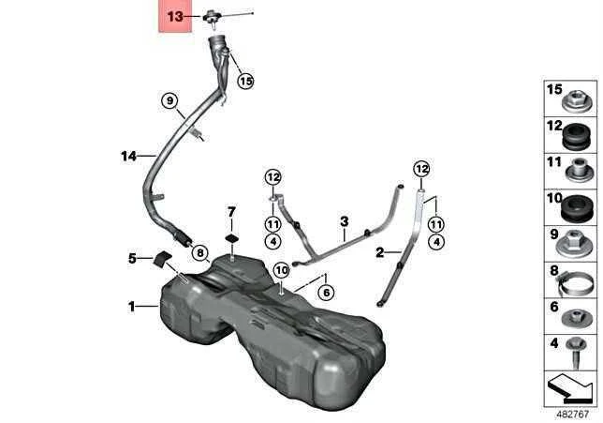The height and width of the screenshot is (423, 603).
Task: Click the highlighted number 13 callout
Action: [175, 17]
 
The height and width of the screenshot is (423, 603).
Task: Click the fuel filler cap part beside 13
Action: [211, 18]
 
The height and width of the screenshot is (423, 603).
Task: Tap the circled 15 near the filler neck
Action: [245, 81]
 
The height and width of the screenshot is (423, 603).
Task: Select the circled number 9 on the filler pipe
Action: [169, 101]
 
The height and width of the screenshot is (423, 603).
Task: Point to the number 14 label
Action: [128, 156]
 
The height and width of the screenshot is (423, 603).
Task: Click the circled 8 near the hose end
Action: [199, 253]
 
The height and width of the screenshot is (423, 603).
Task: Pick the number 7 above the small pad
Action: [231, 212]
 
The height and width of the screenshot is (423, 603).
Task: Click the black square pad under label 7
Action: [232, 238]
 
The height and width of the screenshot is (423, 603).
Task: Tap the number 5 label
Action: [132, 258]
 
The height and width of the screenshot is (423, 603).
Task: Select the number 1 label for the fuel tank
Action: [131, 307]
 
